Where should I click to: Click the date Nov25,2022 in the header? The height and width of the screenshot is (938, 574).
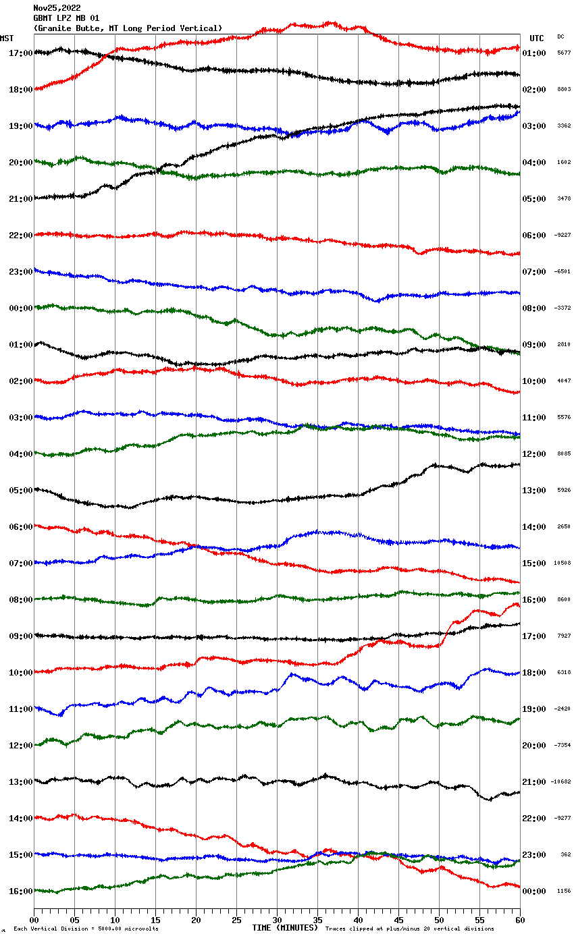click(x=57, y=8)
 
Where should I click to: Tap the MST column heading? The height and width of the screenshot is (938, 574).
click(x=7, y=38)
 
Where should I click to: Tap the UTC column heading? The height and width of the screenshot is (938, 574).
click(x=536, y=38)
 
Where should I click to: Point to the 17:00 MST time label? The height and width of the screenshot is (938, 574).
click(x=21, y=53)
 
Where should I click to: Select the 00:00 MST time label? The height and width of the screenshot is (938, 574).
click(x=21, y=308)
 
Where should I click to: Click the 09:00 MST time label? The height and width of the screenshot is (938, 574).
click(x=21, y=636)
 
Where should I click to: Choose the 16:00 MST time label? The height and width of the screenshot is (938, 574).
click(x=21, y=891)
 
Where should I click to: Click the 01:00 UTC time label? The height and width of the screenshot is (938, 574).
click(x=534, y=53)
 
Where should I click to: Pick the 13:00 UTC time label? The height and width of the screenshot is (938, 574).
click(x=534, y=490)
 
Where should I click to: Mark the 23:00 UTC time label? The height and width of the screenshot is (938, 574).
click(x=534, y=854)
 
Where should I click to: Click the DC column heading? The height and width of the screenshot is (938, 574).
click(x=560, y=36)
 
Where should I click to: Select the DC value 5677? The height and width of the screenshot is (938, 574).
click(x=564, y=53)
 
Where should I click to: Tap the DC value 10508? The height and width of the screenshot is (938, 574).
click(x=563, y=563)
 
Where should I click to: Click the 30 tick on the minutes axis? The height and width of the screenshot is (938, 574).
click(x=277, y=920)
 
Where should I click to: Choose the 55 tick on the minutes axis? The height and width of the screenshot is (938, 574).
click(x=479, y=920)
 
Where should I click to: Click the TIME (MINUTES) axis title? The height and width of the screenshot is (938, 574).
click(x=285, y=928)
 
